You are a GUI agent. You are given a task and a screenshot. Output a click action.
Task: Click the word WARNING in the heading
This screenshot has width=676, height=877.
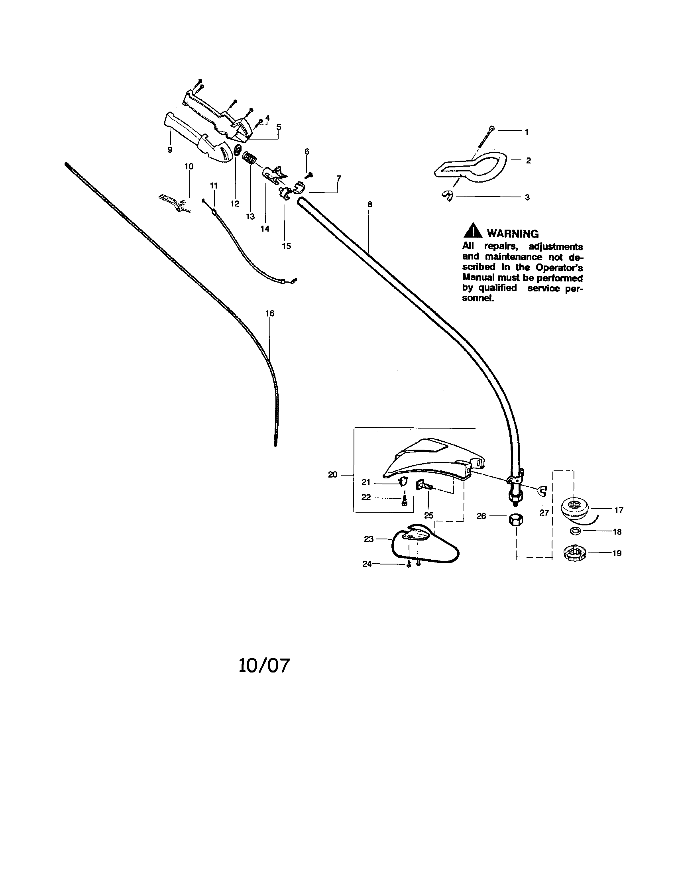pos(513,234)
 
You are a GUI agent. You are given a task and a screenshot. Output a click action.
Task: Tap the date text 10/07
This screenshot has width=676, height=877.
pos(264,665)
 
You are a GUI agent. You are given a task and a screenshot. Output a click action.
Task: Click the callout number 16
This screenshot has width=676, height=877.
pos(270,313)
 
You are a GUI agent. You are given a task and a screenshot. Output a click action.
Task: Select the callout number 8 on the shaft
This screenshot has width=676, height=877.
pos(370,205)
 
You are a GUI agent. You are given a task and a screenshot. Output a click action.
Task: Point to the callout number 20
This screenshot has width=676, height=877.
pos(332,475)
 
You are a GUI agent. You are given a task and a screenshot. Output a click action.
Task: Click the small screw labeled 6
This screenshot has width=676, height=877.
pos(309,175)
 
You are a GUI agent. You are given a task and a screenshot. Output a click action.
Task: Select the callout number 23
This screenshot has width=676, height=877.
pos(369,539)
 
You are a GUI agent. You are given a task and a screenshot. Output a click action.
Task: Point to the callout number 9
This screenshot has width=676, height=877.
pos(170,150)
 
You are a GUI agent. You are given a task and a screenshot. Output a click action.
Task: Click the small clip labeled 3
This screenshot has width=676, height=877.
pos(448,197)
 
